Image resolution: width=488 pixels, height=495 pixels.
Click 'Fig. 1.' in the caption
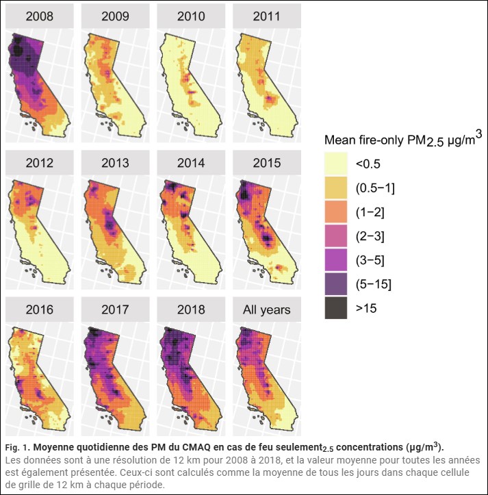click(x=17, y=447)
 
